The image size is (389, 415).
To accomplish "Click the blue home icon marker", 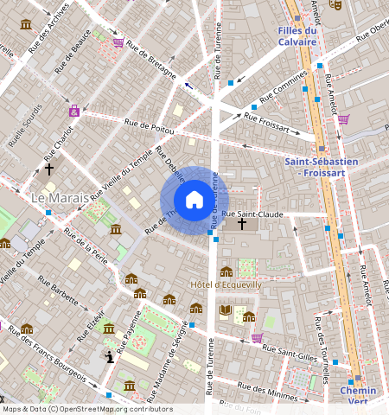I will tap(194, 201).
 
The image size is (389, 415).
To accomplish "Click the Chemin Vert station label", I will tap(358, 396).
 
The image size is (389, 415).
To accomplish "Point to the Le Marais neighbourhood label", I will tap(61, 198).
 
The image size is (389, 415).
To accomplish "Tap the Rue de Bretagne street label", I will tap(151, 57).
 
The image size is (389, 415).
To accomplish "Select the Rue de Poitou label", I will tap(149, 125).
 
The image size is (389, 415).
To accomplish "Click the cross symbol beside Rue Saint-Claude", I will tap(242, 224).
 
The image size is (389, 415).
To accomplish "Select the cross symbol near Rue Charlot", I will tap(49, 169).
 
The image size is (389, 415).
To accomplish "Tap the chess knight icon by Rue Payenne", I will tap(110, 356).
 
